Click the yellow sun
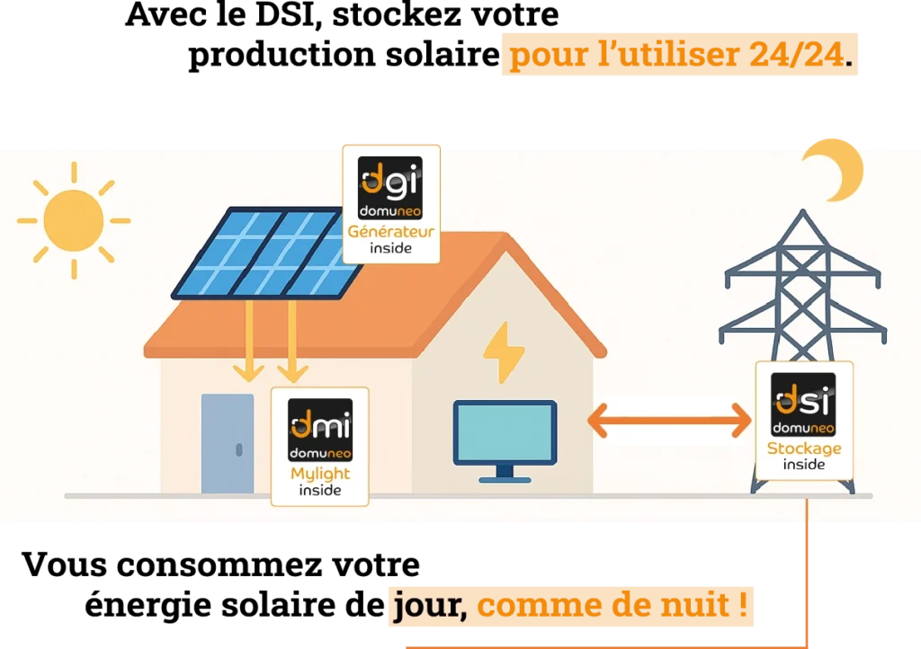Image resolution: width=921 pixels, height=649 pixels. (x=73, y=220)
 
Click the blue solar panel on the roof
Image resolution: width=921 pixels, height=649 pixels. (x=261, y=254)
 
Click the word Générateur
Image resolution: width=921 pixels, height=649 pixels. (x=391, y=232)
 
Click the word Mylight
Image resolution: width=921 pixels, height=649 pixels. (x=320, y=474)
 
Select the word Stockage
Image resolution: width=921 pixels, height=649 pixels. (x=804, y=449)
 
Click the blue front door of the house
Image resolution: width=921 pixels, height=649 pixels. (x=228, y=443)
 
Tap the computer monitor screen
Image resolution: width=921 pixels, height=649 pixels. (x=505, y=432)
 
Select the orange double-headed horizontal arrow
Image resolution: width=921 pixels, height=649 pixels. (x=668, y=419)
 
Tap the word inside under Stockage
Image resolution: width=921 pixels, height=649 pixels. (x=804, y=465)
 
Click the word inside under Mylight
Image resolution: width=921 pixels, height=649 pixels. (x=320, y=491)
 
